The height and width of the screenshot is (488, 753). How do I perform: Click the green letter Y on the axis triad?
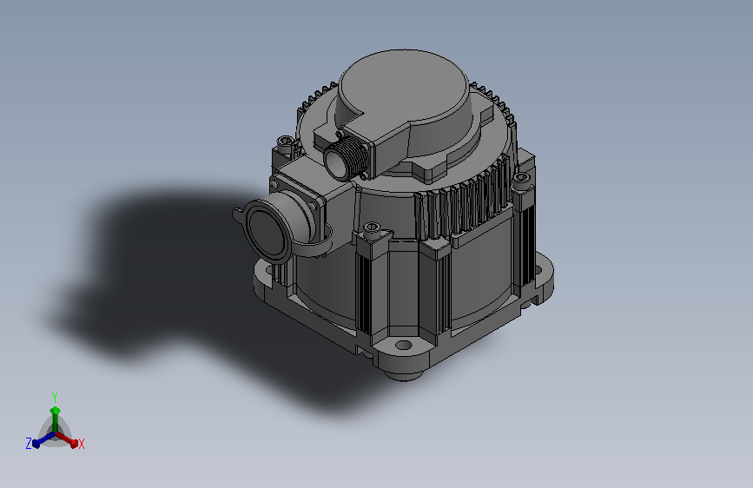[x=55, y=398]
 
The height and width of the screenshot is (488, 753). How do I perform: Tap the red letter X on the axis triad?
[x=81, y=444]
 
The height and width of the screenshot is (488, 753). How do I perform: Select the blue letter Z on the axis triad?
[x=29, y=444]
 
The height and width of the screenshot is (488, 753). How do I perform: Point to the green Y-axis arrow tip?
[x=56, y=411]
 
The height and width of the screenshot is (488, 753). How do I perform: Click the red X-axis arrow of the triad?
[x=66, y=439]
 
